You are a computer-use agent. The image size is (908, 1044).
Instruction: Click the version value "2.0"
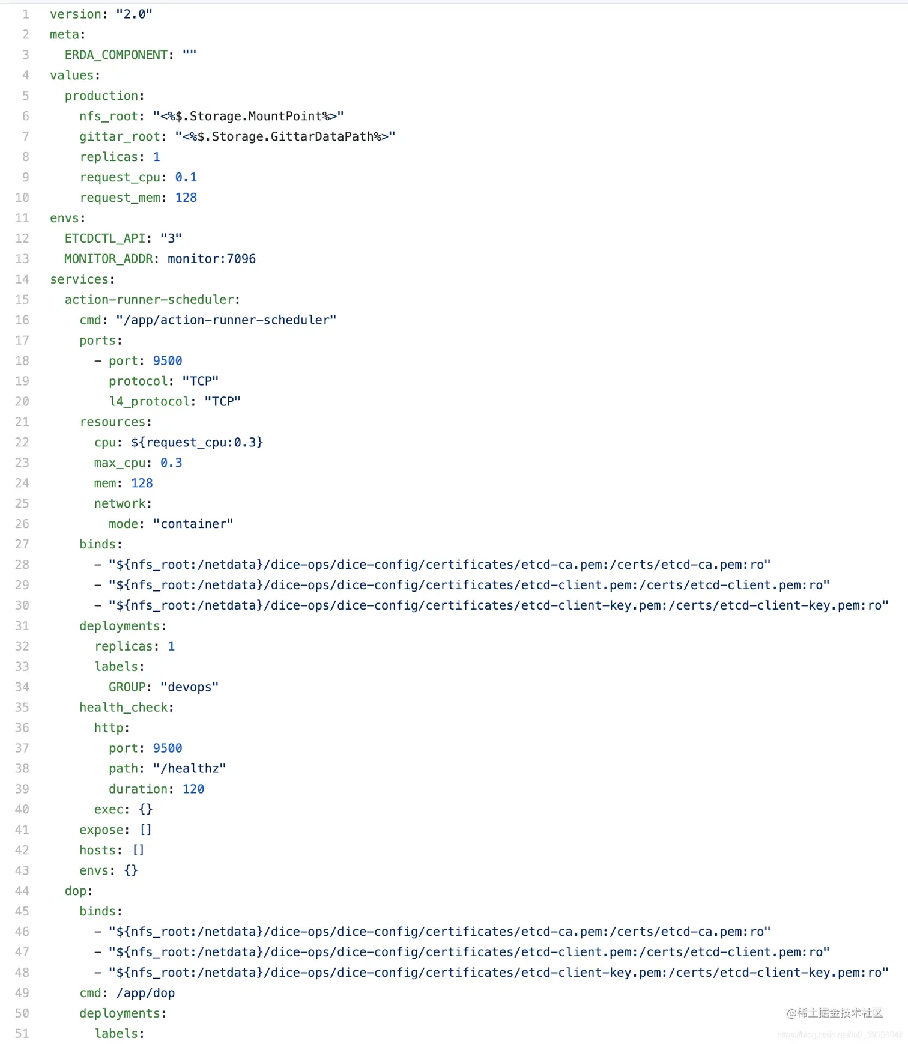[x=134, y=14]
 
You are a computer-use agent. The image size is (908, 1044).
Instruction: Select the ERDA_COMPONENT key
[x=116, y=55]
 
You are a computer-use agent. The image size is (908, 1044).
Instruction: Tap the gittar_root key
[x=120, y=137]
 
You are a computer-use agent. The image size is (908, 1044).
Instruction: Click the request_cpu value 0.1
[x=186, y=178]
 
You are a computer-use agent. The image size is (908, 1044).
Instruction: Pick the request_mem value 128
[x=186, y=198]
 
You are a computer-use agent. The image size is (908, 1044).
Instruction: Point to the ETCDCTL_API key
[x=104, y=238]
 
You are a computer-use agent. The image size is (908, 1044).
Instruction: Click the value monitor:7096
[x=211, y=259]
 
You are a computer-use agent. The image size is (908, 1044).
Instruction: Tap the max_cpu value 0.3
[x=171, y=463]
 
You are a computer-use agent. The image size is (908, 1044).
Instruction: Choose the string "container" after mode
[x=193, y=524]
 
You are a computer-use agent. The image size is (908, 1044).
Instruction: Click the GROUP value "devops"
[x=189, y=687]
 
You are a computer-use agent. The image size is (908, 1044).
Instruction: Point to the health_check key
[x=123, y=708]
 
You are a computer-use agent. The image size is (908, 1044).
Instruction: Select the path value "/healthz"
[x=189, y=769]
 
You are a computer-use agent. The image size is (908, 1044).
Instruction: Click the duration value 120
[x=193, y=789]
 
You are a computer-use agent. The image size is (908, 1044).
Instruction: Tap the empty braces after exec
[x=145, y=810]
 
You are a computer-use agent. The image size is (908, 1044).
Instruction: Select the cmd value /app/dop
[x=145, y=993]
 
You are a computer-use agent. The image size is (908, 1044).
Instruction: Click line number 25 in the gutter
[x=22, y=504]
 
